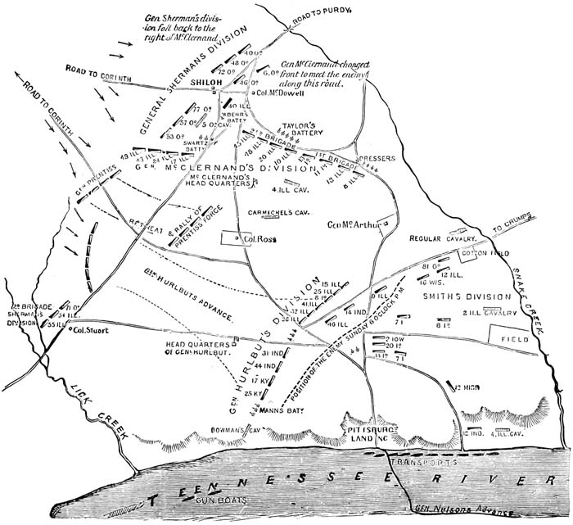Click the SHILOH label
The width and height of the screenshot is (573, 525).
(207, 83)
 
